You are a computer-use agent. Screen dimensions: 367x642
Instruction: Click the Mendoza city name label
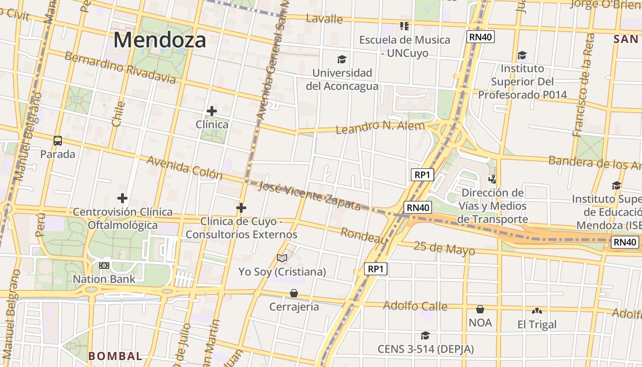coord(160,40)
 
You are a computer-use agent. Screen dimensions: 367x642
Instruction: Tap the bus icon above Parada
coord(58,141)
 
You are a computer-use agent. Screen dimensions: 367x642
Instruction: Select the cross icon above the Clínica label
coord(211,111)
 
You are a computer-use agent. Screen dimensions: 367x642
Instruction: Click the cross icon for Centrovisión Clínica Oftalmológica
coord(122,198)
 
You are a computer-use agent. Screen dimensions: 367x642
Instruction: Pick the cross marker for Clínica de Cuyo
coord(241,208)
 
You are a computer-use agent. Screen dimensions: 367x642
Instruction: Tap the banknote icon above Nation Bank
coord(104,266)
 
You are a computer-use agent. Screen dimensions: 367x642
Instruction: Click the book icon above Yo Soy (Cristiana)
coord(282,258)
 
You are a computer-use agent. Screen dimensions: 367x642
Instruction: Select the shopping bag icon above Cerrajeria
coord(294,293)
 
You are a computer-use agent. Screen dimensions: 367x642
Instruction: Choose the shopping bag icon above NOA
coord(480,309)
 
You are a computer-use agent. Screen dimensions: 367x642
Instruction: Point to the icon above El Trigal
coord(537,311)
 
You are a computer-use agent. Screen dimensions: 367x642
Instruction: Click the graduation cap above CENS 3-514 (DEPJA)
coord(425,336)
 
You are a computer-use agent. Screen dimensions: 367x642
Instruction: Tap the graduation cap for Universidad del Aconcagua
coord(342,59)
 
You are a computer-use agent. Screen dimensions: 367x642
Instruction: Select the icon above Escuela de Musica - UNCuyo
coord(404,26)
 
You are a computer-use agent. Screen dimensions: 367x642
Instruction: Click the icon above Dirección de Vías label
coord(492,179)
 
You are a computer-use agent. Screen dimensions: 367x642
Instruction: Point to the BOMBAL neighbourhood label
coord(115,356)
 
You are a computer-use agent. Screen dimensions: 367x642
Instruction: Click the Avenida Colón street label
coord(184,168)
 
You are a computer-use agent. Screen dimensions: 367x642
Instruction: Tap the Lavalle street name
coord(324,19)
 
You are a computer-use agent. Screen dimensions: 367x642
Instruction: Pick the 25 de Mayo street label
coord(444,248)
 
